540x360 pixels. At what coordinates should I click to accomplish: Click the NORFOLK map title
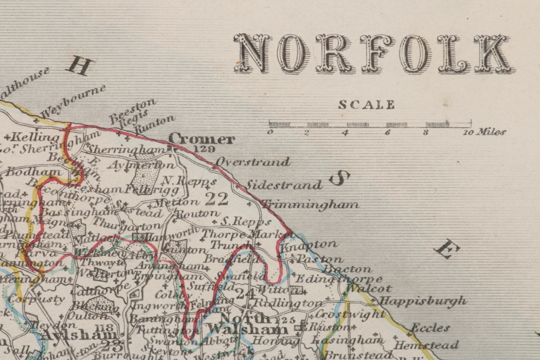[x=372, y=53]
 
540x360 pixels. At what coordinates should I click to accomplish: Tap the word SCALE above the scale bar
[x=367, y=105]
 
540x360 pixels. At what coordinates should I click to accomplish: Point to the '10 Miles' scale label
[x=484, y=132]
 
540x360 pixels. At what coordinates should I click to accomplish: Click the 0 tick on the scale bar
[x=270, y=132]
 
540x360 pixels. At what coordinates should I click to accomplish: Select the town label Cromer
[x=201, y=139]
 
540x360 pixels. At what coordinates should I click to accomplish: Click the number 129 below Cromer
[x=204, y=149]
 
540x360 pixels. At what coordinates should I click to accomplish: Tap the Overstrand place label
[x=253, y=161]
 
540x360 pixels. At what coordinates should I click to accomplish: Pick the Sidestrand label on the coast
[x=284, y=185]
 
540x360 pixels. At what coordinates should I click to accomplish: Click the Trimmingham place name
[x=310, y=205]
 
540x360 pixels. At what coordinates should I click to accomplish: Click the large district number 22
[x=217, y=199]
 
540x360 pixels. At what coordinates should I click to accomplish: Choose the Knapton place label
[x=316, y=244]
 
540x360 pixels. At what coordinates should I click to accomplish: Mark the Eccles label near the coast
[x=430, y=328]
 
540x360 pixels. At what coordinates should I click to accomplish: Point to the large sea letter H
[x=79, y=66]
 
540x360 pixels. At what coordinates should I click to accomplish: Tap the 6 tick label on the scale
[x=387, y=132]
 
